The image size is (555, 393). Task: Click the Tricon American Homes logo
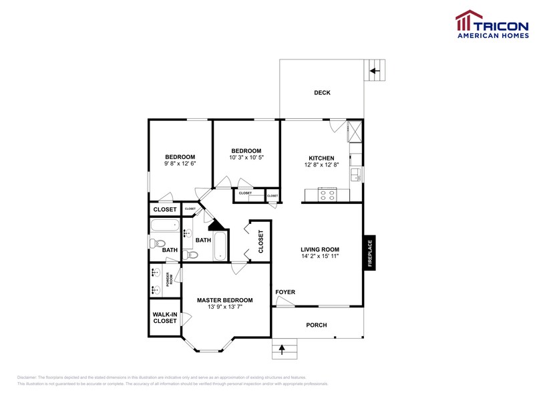pyautogui.click(x=492, y=25)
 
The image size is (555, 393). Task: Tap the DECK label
pyautogui.click(x=322, y=93)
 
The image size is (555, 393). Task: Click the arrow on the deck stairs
pyautogui.click(x=375, y=70)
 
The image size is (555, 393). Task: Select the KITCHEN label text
pyautogui.click(x=321, y=158)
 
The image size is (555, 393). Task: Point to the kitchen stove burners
pyautogui.click(x=328, y=195)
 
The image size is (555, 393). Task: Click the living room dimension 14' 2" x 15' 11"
pyautogui.click(x=321, y=255)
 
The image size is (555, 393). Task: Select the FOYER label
pyautogui.click(x=285, y=292)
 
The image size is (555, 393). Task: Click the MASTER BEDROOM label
pyautogui.click(x=224, y=300)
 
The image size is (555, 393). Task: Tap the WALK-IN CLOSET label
pyautogui.click(x=165, y=317)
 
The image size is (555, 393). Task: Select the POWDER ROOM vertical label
pyautogui.click(x=169, y=281)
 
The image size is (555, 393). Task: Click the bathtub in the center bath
pyautogui.click(x=220, y=246)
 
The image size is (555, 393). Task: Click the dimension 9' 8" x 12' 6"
pyautogui.click(x=180, y=163)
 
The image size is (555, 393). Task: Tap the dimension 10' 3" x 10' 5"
pyautogui.click(x=246, y=158)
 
